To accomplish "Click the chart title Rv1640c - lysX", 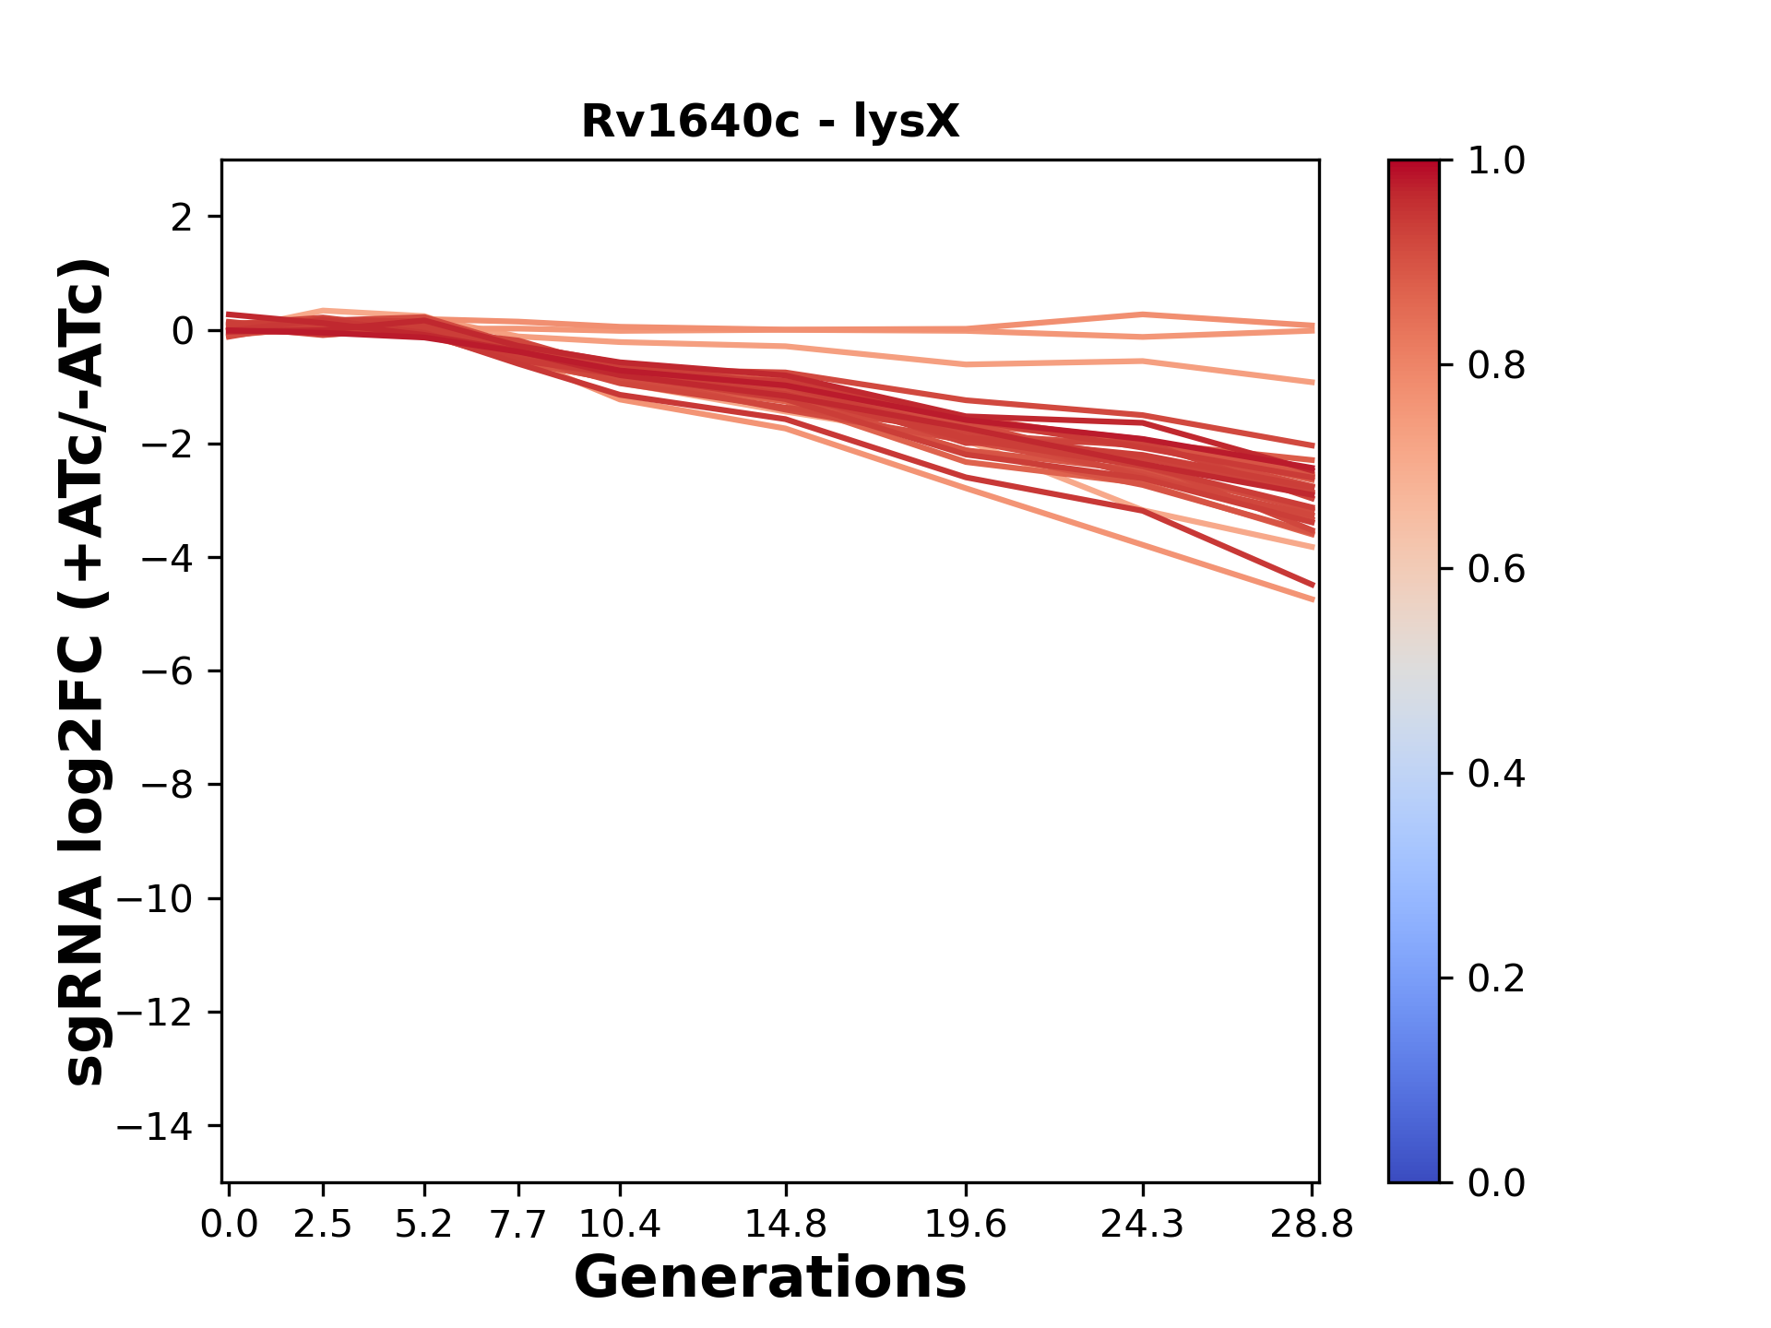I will tap(770, 122).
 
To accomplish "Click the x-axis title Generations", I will tap(770, 1278).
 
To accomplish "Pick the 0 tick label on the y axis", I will tap(182, 331).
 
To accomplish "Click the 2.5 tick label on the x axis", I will tap(323, 1225).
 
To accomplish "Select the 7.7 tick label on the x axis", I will tap(518, 1225).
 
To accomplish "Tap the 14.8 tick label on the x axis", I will tap(785, 1225).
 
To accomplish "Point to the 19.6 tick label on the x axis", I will tap(966, 1225).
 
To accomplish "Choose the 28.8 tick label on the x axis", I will tap(1313, 1225).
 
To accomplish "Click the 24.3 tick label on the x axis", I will tap(1143, 1225).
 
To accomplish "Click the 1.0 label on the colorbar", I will tap(1496, 161).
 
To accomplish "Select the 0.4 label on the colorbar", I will tap(1496, 774).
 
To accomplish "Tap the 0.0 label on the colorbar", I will tap(1496, 1182).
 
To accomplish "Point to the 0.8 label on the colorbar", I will tap(1496, 366).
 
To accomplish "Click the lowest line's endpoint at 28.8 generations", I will tap(1313, 599).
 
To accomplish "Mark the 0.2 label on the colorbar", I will tap(1496, 978).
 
